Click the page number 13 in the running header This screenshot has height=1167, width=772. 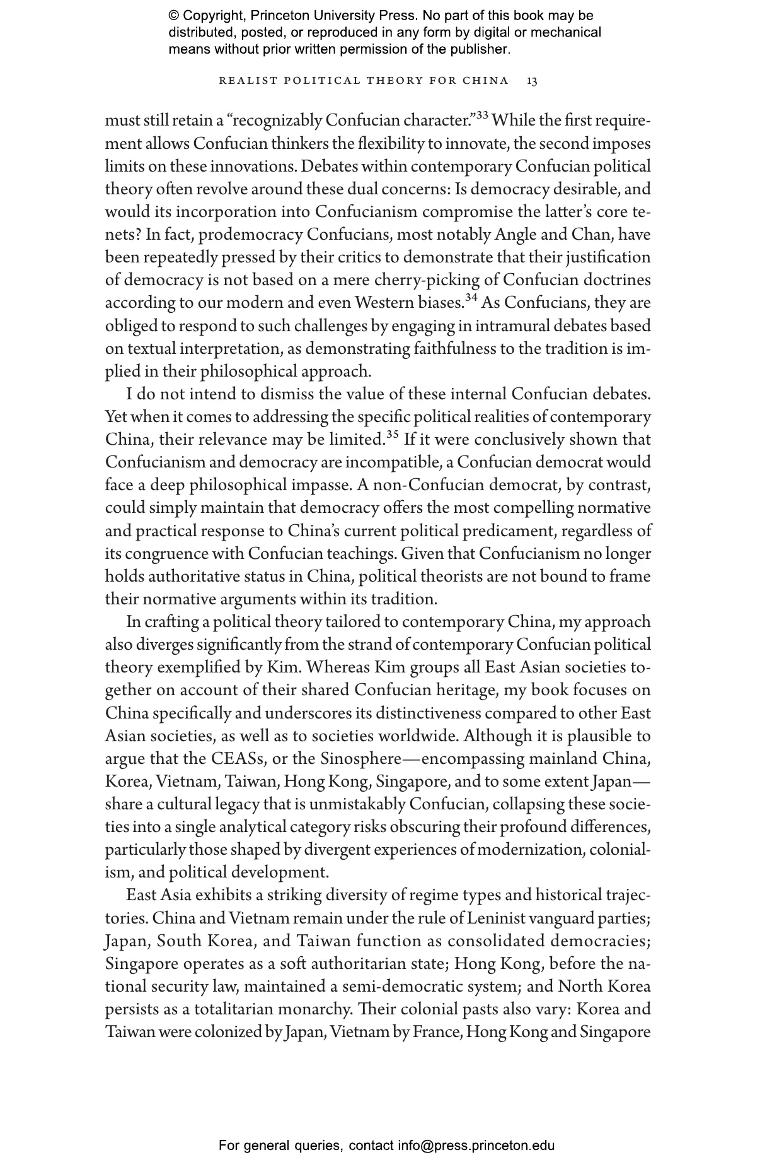[532, 81]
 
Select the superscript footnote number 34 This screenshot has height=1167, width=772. [471, 297]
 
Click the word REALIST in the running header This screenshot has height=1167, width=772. [245, 81]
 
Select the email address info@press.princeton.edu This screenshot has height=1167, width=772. [476, 1146]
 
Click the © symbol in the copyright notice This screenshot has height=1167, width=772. [174, 16]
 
